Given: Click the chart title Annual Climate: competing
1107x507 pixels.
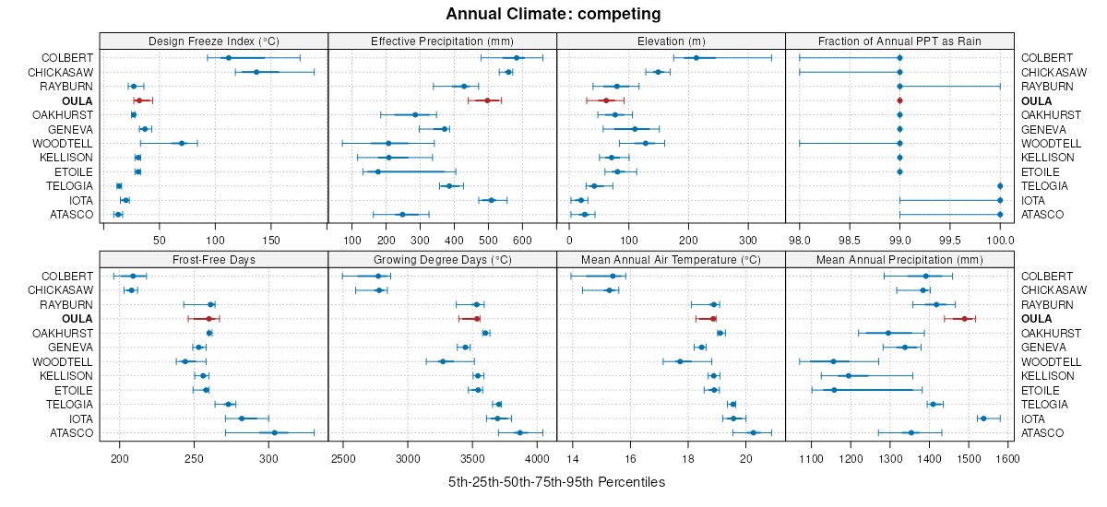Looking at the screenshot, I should point(553,14).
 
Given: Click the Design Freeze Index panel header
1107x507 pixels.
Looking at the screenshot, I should point(213,41).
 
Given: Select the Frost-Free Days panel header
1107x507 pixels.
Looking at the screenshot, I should point(213,259).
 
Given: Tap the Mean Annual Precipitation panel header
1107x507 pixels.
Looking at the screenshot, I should point(899,259).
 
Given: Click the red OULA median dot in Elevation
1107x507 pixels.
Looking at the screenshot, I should point(606,100).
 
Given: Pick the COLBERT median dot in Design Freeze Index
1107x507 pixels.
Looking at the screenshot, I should point(229,58).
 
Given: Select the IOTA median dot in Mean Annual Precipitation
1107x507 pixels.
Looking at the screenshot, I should point(982,419).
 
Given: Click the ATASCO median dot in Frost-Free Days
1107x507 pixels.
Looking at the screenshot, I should point(274,432).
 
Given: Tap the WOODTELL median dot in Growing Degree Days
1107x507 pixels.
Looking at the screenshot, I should point(443,361).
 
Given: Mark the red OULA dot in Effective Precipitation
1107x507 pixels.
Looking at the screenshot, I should point(487,100).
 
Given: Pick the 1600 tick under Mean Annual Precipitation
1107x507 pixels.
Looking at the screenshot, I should point(1006,458).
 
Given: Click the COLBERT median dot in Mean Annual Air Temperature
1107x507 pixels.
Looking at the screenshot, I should point(613,276).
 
